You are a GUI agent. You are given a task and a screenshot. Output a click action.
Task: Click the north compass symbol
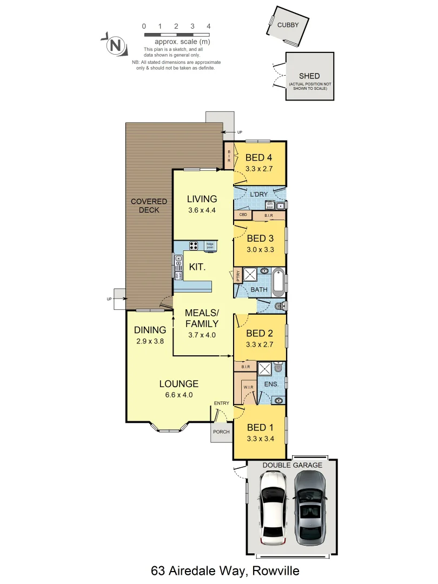pos(115,45)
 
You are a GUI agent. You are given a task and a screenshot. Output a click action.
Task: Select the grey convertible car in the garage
pos(310,507)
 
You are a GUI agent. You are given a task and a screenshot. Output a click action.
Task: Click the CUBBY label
pos(288,25)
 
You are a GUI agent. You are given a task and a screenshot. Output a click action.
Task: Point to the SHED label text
pos(309,76)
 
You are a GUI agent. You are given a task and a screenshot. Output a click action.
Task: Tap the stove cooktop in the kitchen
pos(194,246)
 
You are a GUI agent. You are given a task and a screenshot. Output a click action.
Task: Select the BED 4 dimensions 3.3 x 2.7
pos(258,169)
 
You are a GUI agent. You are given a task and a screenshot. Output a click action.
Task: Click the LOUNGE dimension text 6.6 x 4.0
pos(178,395)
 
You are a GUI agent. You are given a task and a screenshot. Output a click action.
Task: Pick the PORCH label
pos(222,432)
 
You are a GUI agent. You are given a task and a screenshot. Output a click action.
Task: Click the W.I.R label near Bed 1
pos(248,387)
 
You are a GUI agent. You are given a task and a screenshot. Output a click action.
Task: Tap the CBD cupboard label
pos(243,215)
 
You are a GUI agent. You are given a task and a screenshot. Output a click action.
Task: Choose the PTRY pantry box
pos(237,276)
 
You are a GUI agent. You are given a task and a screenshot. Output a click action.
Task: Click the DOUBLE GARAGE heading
pos(292,465)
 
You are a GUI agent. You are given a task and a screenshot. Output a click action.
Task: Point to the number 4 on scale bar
pos(209,26)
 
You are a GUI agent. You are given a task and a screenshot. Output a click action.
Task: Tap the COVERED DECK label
pos(149,205)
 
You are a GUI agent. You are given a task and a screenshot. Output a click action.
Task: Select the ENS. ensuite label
pos(271,384)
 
